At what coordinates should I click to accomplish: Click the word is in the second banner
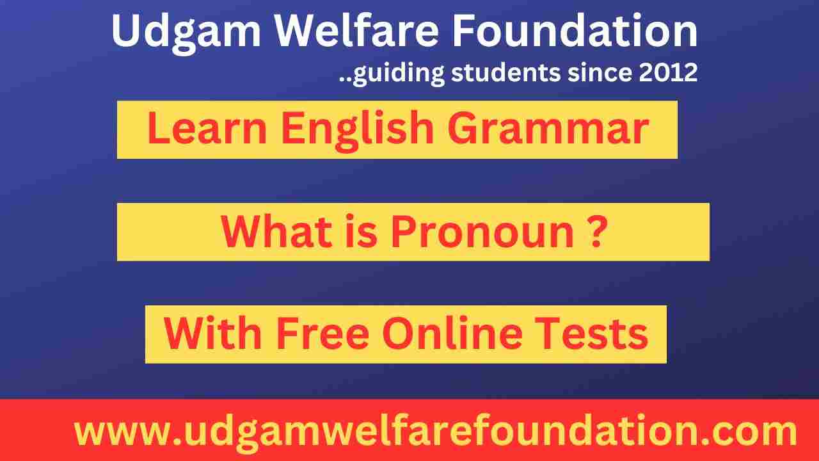click(x=359, y=232)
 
